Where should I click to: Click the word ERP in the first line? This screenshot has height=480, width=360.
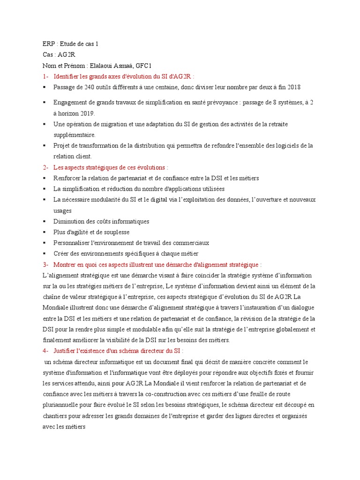tap(49, 44)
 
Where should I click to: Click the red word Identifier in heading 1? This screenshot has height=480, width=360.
tap(68, 76)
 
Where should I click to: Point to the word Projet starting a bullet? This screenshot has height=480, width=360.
tap(61, 146)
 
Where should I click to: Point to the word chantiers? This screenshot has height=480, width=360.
tap(57, 416)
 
